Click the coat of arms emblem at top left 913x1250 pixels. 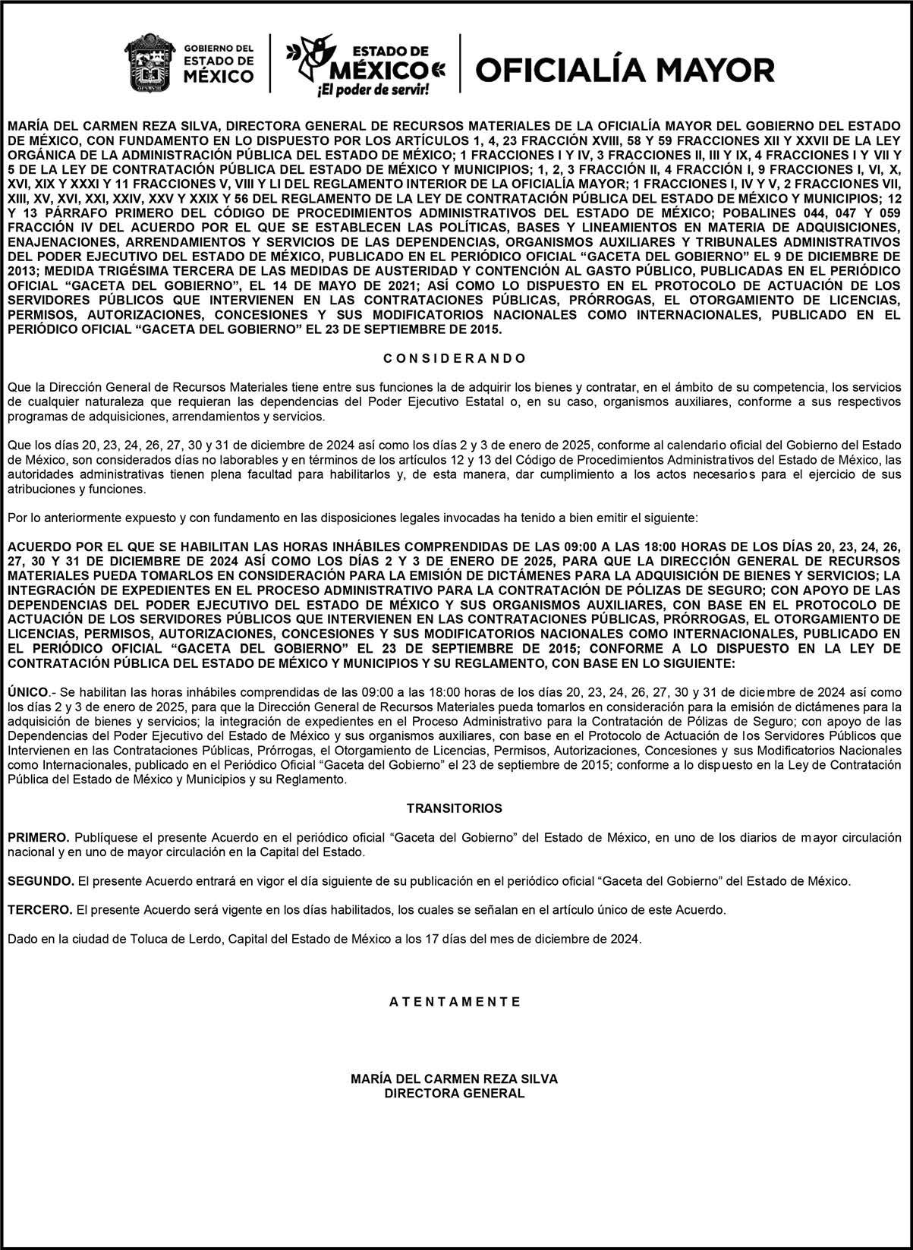click(x=150, y=62)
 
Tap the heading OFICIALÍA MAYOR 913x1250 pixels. click(x=625, y=70)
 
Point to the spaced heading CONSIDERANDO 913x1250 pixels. click(x=454, y=357)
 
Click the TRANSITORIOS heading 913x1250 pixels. click(x=454, y=808)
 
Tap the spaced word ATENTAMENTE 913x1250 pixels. click(x=455, y=1001)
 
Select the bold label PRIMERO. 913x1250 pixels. click(x=38, y=837)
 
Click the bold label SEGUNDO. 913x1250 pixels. click(x=41, y=881)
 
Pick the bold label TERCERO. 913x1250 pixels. click(x=39, y=909)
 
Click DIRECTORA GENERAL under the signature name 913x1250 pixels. click(x=454, y=1094)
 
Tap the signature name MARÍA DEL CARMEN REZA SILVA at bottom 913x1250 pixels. click(x=454, y=1078)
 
